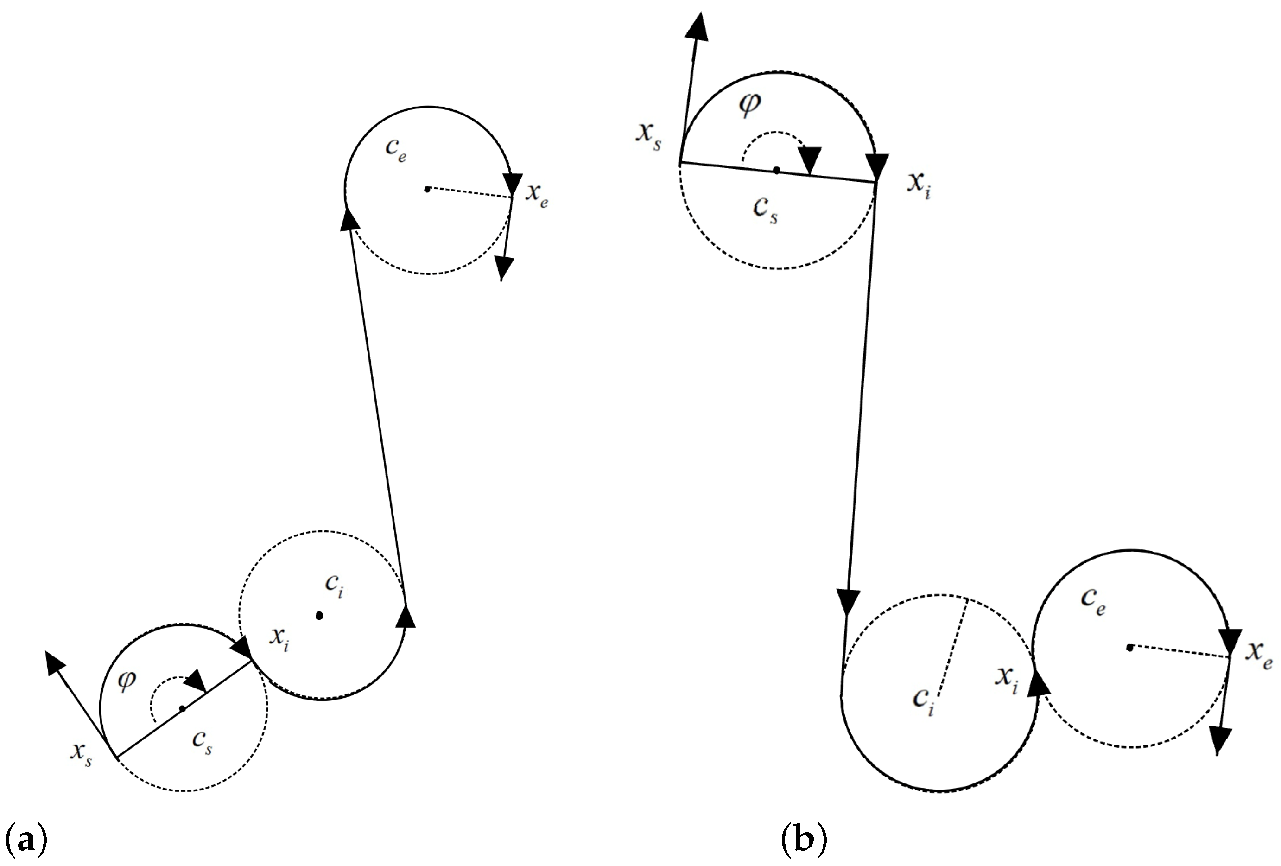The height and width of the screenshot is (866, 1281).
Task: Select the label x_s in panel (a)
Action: pos(81,753)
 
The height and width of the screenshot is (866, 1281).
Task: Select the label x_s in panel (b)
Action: pos(649,135)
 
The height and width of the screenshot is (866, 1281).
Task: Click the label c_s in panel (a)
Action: pos(202,741)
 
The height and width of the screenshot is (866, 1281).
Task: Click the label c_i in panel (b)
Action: pos(923,700)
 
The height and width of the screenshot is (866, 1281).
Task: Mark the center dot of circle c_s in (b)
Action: pos(776,170)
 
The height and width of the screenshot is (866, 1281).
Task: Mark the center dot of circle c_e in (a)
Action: pos(427,189)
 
